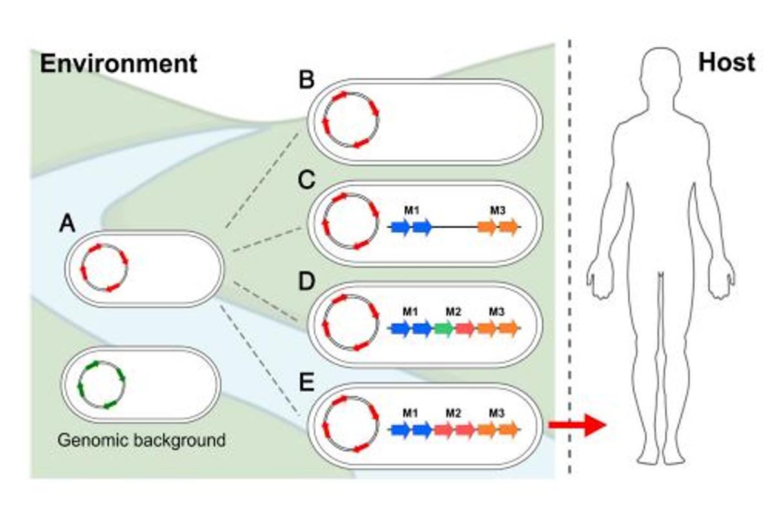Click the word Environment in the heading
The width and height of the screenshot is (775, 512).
click(118, 63)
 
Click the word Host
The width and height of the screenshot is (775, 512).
click(726, 62)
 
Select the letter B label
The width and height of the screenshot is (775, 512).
click(306, 81)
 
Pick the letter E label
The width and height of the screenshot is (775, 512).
click(306, 381)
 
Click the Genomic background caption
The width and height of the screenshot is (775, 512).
click(141, 440)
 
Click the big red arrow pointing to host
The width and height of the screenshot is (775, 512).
click(576, 425)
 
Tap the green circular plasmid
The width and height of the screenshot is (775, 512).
click(101, 385)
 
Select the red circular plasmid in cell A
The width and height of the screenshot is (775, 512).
click(104, 267)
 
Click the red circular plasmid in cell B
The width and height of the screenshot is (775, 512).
click(351, 120)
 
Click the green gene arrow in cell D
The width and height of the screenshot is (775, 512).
click(443, 328)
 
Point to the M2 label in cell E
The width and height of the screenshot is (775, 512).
click(453, 412)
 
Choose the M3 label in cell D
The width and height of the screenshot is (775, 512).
click(496, 312)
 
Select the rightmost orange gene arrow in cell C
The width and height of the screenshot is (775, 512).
click(509, 227)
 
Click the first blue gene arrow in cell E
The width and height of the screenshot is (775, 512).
click(401, 429)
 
